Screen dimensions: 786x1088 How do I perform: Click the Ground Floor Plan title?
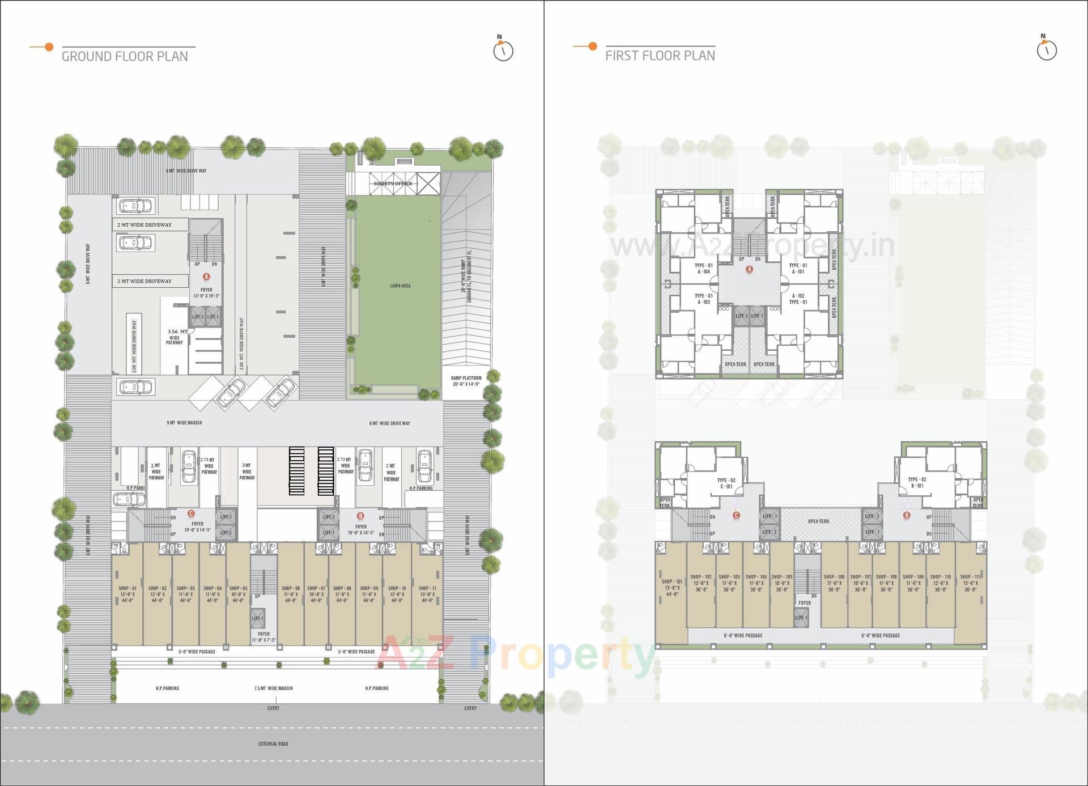[x=125, y=56]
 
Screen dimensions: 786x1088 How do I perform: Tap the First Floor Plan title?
[x=660, y=56]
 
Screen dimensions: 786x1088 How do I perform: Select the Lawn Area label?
[x=400, y=286]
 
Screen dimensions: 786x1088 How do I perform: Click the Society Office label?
[x=393, y=184]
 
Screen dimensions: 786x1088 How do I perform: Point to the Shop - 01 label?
[x=127, y=588]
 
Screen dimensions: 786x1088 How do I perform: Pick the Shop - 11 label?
[x=427, y=588]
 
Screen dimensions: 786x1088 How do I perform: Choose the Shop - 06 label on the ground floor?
[x=291, y=588]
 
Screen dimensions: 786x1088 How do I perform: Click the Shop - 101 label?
[x=672, y=581]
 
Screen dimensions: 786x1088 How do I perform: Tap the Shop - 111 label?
[x=970, y=577]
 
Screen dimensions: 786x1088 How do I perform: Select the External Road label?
[x=273, y=743]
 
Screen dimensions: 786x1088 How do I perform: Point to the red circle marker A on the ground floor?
[x=206, y=276]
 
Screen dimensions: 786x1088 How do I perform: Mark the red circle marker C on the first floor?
[x=736, y=515]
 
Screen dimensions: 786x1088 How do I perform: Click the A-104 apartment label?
[x=704, y=271]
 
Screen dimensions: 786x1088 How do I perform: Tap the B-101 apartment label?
[x=917, y=486]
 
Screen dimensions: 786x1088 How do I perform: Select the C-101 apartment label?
[x=726, y=486]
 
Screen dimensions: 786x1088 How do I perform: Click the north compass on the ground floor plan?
[x=503, y=50]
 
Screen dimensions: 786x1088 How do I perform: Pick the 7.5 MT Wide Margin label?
[x=273, y=688]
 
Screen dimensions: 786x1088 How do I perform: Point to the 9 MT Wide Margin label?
[x=184, y=423]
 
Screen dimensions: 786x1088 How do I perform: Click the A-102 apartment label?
[x=798, y=296]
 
